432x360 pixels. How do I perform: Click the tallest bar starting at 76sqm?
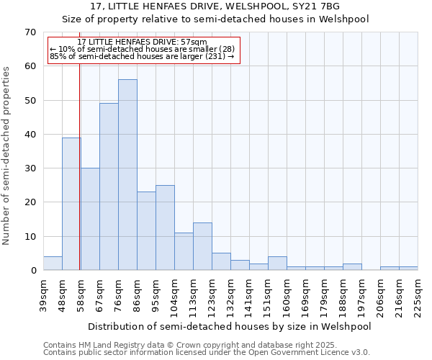pos(127,175)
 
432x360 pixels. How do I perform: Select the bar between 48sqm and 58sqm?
pos(71,204)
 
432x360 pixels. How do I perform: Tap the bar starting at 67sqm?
pos(109,186)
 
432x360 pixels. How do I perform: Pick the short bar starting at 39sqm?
pos(53,264)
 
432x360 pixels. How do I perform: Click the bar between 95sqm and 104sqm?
pos(165,228)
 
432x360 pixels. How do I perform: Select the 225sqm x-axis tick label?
pos(418,296)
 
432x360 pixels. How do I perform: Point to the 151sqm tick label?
pos(268,296)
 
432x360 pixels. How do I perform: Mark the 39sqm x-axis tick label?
pos(43,295)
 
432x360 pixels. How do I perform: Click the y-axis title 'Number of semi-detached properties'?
pos(6,156)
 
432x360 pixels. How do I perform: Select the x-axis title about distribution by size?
pos(230,327)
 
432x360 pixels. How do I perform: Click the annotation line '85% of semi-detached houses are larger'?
pos(143,57)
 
